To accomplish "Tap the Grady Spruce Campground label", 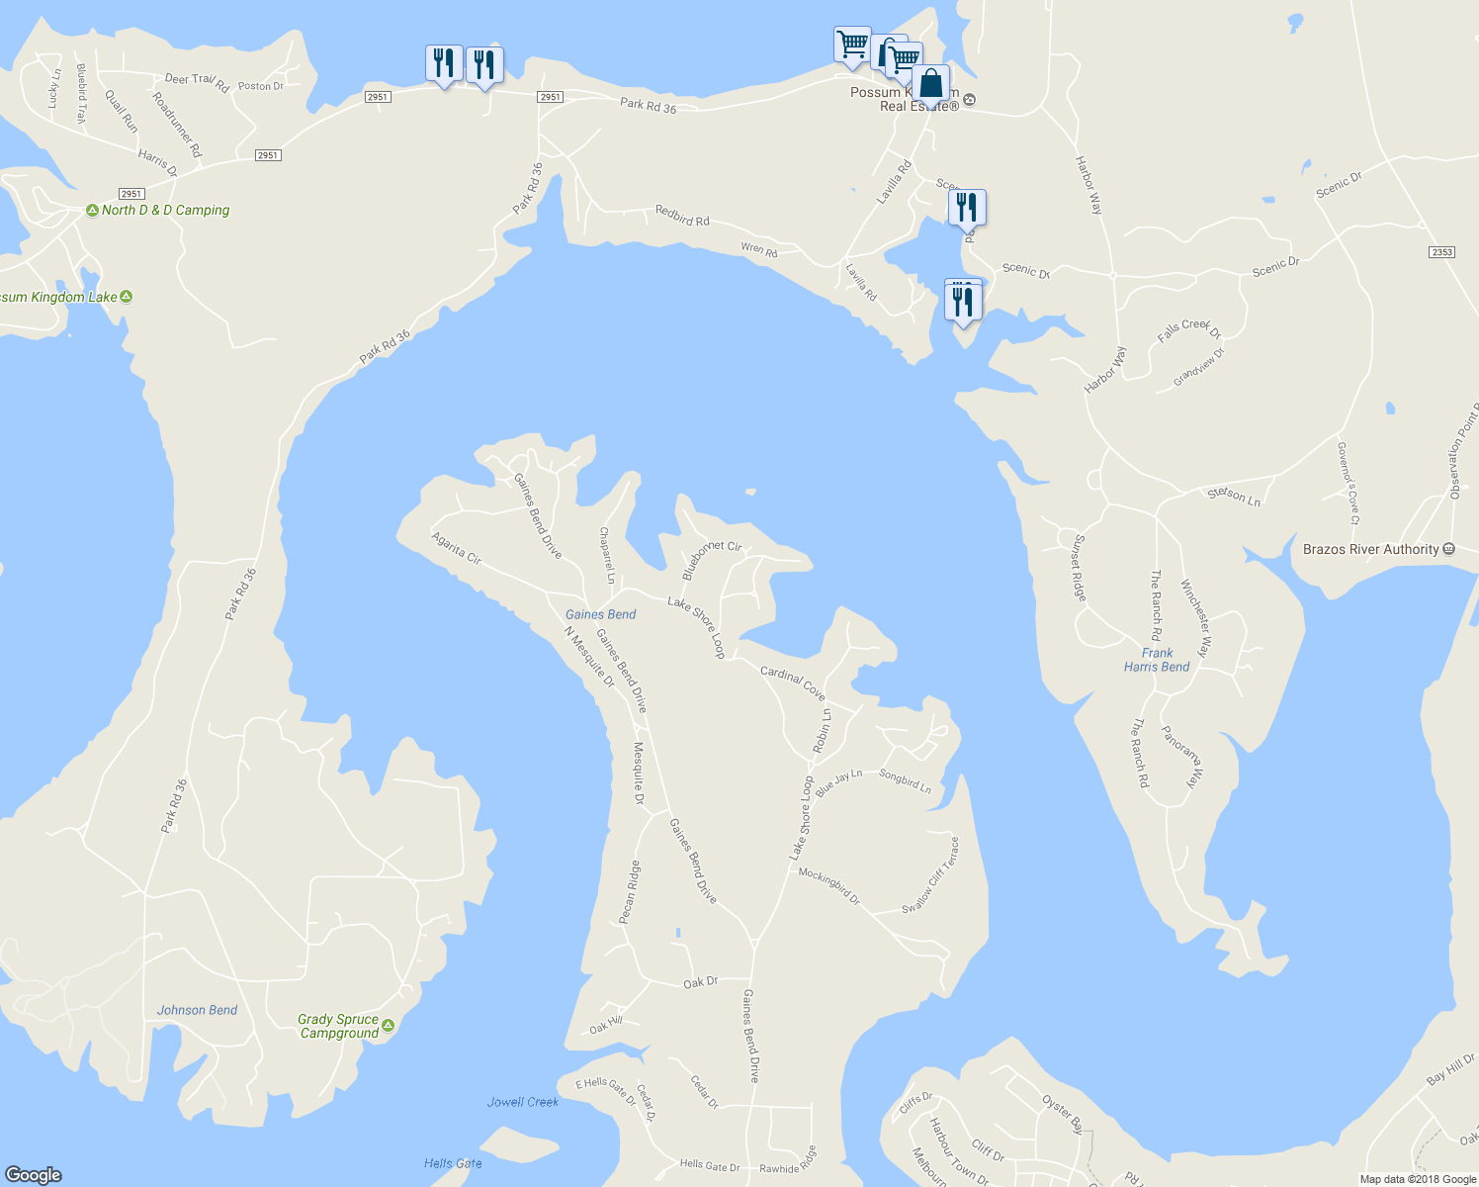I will click(x=339, y=1026).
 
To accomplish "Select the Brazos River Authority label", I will click(x=1371, y=549).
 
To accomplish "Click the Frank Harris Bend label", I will click(x=1157, y=660).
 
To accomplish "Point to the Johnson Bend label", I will click(x=197, y=1010).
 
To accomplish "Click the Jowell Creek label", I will click(x=523, y=1102).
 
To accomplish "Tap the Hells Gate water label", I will click(x=453, y=1163).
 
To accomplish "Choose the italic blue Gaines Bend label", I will click(x=600, y=614).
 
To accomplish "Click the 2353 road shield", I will click(x=1441, y=252).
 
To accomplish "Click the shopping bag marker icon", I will click(x=930, y=84).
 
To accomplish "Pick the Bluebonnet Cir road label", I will click(x=712, y=558).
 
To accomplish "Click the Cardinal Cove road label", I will click(x=793, y=683).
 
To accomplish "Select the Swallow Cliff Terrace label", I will click(x=931, y=875).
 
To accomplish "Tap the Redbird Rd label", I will click(x=682, y=215).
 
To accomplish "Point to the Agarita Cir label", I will click(x=457, y=548).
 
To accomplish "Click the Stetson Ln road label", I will click(x=1234, y=497).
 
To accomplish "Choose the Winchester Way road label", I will click(x=1195, y=618).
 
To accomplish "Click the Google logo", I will click(x=34, y=1175).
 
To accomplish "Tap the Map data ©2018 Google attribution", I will click(x=1418, y=1179).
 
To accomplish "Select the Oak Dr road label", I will click(x=700, y=982).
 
